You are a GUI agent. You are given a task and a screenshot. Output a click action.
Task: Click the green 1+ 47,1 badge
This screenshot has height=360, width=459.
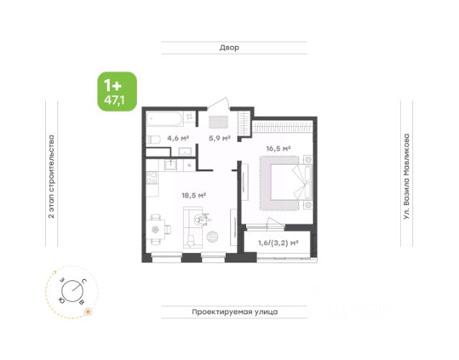[x=117, y=92]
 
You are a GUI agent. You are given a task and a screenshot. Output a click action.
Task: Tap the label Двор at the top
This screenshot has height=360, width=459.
[x=229, y=47]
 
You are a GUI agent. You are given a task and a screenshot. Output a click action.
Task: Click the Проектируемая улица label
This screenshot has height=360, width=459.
[x=235, y=312]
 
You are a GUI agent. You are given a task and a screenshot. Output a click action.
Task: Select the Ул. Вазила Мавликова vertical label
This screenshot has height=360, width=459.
[x=407, y=177]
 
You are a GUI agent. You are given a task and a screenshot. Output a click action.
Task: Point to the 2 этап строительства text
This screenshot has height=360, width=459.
[x=52, y=176]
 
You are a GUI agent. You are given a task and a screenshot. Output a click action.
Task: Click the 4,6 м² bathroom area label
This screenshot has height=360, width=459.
[x=178, y=138]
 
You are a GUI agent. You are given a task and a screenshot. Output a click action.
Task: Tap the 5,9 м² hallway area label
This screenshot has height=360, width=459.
[x=219, y=138]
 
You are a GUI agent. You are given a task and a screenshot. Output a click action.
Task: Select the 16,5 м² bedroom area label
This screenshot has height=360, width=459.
[x=278, y=148]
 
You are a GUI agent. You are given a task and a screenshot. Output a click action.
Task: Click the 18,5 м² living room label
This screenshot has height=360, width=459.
[x=194, y=195]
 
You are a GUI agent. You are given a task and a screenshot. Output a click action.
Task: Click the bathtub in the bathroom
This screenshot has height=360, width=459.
[x=165, y=119]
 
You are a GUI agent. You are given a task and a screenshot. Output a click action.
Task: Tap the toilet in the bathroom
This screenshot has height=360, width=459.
[x=153, y=140]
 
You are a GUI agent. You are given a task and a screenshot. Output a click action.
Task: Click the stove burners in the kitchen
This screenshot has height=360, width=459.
[x=152, y=178]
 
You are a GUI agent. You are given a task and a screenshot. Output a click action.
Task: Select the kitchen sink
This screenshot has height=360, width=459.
[x=171, y=166]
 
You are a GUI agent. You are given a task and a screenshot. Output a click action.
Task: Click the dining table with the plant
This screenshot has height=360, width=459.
[x=155, y=229]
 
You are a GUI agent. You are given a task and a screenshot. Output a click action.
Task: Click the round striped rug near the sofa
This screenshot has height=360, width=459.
[x=212, y=237]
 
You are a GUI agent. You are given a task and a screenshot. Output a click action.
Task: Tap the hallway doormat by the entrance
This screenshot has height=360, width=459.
[x=218, y=122]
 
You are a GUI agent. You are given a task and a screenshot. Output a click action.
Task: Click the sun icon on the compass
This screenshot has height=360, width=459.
[x=87, y=312]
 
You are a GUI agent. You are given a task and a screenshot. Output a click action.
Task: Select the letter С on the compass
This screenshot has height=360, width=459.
[x=84, y=282]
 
